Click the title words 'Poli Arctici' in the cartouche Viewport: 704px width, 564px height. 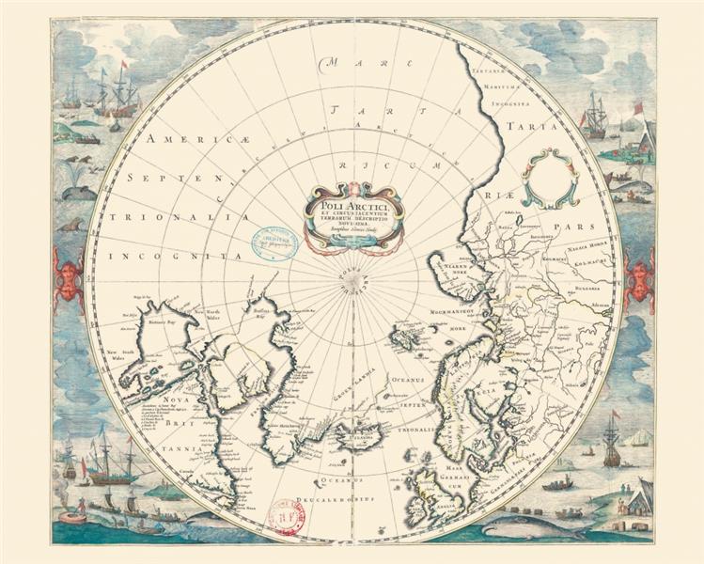click(x=352, y=199)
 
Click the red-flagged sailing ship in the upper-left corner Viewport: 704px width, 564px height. click(x=118, y=94)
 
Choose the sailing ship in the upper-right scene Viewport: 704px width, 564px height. click(x=595, y=117)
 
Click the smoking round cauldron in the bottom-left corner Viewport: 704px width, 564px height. click(x=70, y=516)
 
